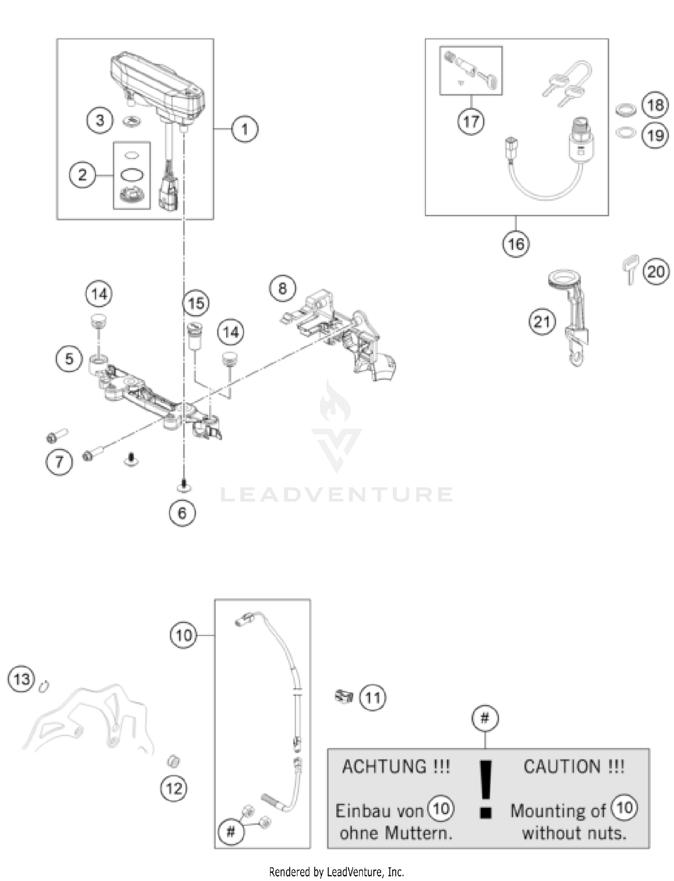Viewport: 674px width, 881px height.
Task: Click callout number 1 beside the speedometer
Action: (x=244, y=129)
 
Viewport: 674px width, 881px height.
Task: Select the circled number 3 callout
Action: (x=100, y=120)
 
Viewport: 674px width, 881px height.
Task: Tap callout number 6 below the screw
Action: (x=182, y=513)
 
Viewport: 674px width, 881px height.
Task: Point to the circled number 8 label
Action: (x=283, y=288)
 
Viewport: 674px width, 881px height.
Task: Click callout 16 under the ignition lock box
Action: (x=516, y=244)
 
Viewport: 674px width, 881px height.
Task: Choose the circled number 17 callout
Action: (x=471, y=121)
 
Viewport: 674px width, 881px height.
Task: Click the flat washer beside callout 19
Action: (x=625, y=133)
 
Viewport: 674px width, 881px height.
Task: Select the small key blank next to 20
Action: (x=630, y=268)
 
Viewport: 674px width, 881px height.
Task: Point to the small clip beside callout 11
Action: (x=344, y=697)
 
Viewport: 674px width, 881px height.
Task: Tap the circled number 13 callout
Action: (x=22, y=679)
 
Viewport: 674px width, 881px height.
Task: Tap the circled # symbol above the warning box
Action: (x=485, y=718)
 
